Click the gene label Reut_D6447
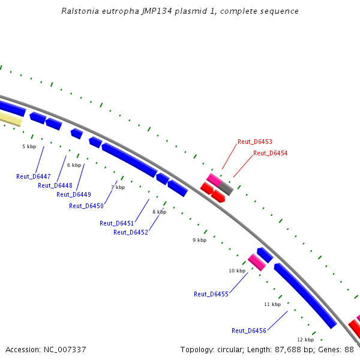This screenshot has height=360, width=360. point(33,176)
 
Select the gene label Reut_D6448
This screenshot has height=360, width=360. point(55,185)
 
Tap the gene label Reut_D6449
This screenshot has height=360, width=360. point(73,194)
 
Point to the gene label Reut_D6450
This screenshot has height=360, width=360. point(86,206)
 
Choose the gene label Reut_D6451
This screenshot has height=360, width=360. point(116,223)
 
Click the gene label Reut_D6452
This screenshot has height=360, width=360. point(130,232)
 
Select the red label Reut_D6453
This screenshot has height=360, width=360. point(254,142)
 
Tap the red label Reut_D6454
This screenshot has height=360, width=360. point(270,154)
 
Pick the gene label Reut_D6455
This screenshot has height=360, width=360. point(211,294)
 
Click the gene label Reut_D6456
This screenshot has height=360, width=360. point(248,331)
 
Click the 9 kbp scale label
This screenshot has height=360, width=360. point(199,240)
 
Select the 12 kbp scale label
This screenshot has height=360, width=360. point(305,340)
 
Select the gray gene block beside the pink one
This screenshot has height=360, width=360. point(226,188)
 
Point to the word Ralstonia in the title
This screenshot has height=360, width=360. point(80,11)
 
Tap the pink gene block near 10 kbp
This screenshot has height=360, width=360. point(257,262)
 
